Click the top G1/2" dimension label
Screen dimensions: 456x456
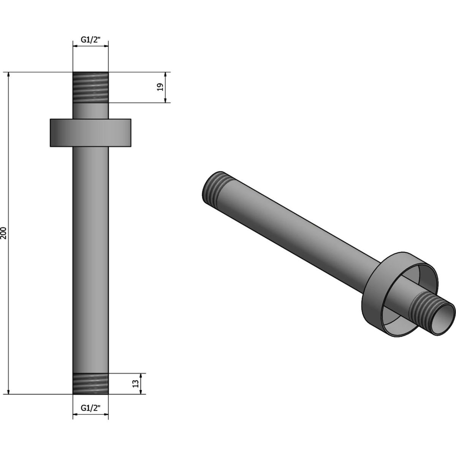pyautogui.click(x=91, y=40)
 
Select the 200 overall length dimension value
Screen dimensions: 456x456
pyautogui.click(x=4, y=233)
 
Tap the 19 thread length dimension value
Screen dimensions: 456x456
pyautogui.click(x=160, y=87)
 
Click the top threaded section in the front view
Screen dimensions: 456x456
pyautogui.click(x=91, y=87)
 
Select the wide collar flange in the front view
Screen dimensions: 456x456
pyautogui.click(x=90, y=133)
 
